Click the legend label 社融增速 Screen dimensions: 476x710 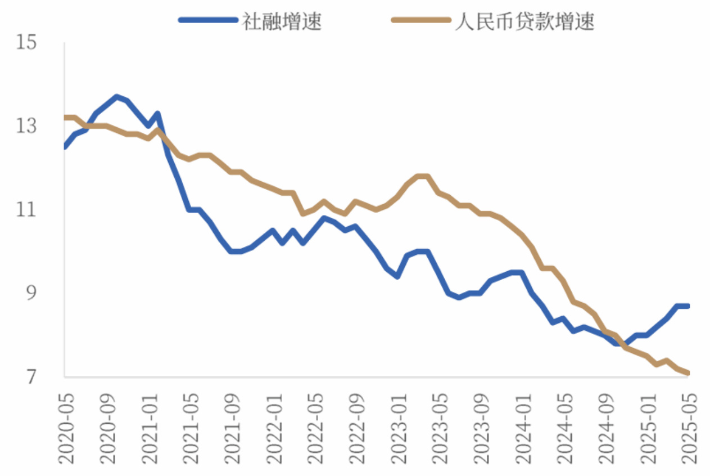click(282, 22)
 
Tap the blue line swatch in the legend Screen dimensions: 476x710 click(209, 20)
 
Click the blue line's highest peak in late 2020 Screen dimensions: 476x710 click(117, 97)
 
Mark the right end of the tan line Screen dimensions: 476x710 click(687, 372)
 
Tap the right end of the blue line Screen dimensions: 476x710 click(687, 306)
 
